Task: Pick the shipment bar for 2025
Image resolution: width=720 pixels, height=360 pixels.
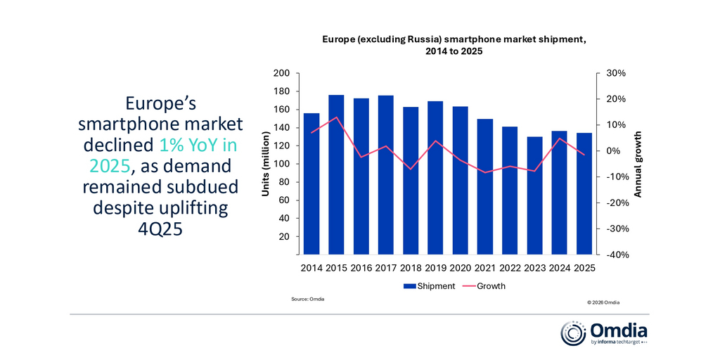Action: coord(584,193)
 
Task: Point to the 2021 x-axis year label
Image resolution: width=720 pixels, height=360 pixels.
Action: coord(485,268)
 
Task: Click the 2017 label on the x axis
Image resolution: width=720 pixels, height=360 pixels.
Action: coord(385,268)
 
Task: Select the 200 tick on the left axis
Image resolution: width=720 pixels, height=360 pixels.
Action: coord(281,73)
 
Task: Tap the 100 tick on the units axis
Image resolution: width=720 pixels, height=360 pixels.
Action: coord(281,164)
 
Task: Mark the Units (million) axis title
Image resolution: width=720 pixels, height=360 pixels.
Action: coord(267,164)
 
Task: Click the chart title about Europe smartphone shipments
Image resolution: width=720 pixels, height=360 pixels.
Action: coord(454,45)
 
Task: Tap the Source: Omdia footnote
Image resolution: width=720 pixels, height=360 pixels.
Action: coord(308,300)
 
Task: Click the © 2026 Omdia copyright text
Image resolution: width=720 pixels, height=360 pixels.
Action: coord(603,302)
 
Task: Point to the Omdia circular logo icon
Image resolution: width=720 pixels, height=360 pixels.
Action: coord(572,333)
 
